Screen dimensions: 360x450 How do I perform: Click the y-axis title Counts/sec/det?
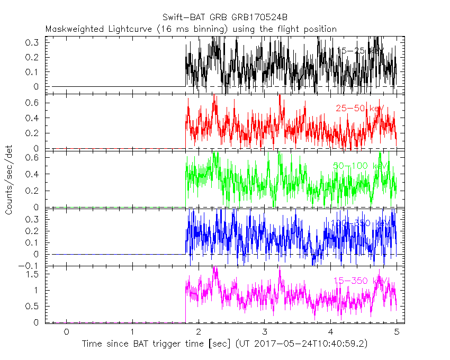coord(9,180)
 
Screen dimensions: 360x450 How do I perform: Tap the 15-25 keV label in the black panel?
coord(360,51)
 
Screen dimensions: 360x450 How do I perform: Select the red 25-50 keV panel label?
coord(359,108)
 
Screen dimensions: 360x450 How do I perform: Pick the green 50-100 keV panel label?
coord(361,166)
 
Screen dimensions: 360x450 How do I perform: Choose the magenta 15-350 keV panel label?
coord(361,280)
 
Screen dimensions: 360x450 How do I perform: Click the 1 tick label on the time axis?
coord(132,332)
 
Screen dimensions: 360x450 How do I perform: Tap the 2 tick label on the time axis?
coord(199,332)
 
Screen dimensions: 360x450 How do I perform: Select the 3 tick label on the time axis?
coord(265,332)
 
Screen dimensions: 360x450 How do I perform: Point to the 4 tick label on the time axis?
coord(331,332)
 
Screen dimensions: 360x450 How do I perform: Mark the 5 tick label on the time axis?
coord(397,332)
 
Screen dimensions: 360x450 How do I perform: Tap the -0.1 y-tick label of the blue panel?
coord(31,266)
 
